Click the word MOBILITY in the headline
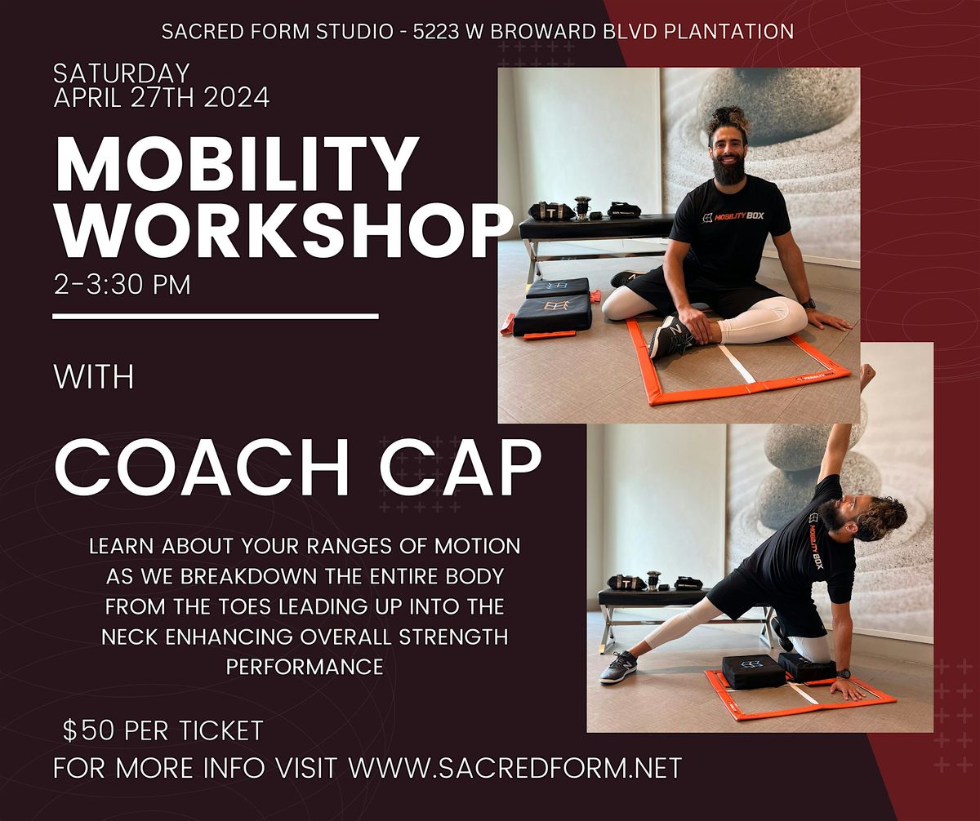[x=237, y=164]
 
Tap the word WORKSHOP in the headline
[x=284, y=232]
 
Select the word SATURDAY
[x=122, y=73]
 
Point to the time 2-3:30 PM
[x=122, y=284]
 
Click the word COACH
[x=202, y=468]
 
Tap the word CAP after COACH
[x=461, y=468]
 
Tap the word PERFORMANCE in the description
[x=305, y=667]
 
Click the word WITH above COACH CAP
[x=94, y=377]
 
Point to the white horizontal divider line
[x=216, y=317]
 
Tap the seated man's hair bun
[x=729, y=121]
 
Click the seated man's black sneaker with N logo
[x=670, y=335]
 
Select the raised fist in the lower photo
[x=867, y=374]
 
